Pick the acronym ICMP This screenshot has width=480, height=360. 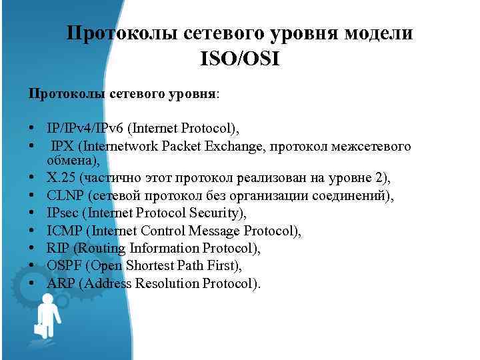[65, 231]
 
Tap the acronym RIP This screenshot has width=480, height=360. [59, 248]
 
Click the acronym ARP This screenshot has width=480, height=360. [61, 283]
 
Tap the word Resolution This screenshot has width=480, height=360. [166, 283]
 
